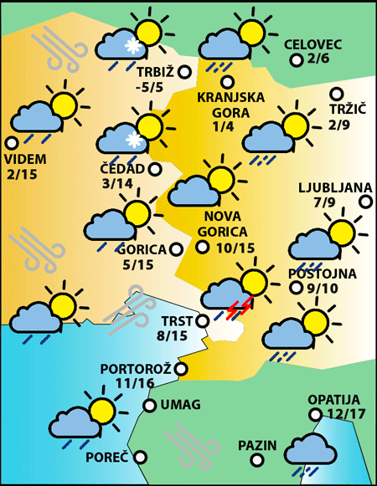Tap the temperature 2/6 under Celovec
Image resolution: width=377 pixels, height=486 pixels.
[x=319, y=59]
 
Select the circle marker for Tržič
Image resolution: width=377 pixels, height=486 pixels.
[x=337, y=95]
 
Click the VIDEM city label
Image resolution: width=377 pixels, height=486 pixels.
[x=25, y=160]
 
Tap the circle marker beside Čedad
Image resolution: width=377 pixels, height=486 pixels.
[x=155, y=169]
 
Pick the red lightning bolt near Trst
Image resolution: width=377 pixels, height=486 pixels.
[x=238, y=309]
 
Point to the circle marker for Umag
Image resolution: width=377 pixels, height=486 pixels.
[x=150, y=406]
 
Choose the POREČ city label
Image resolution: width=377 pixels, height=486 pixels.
[x=107, y=458]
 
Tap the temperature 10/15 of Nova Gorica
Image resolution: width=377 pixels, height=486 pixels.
[x=235, y=248]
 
